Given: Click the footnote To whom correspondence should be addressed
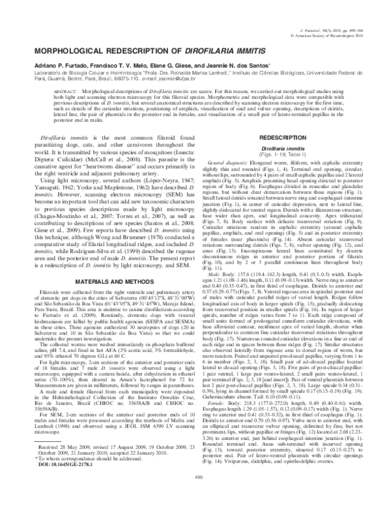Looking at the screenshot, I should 76,469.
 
